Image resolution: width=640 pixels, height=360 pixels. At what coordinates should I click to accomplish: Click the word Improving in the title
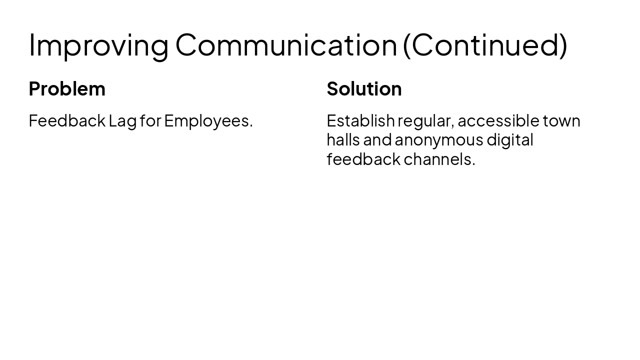98,45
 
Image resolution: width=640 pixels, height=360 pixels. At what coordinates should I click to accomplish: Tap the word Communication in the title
286,45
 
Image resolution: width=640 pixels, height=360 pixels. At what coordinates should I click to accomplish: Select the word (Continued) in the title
485,45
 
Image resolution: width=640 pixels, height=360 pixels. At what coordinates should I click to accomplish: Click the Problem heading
67,88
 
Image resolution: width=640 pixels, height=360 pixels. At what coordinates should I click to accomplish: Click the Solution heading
364,88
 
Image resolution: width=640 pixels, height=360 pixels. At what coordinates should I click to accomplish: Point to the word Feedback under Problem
67,120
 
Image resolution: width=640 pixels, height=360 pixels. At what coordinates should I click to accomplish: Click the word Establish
360,120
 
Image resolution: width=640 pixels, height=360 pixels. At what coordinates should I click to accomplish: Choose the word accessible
498,120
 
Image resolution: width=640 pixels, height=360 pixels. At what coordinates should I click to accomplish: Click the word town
561,121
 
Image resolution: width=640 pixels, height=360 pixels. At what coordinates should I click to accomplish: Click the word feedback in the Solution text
363,159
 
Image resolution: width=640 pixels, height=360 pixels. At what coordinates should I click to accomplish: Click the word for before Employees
150,120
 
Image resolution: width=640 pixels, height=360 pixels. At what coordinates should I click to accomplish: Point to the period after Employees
251,126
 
